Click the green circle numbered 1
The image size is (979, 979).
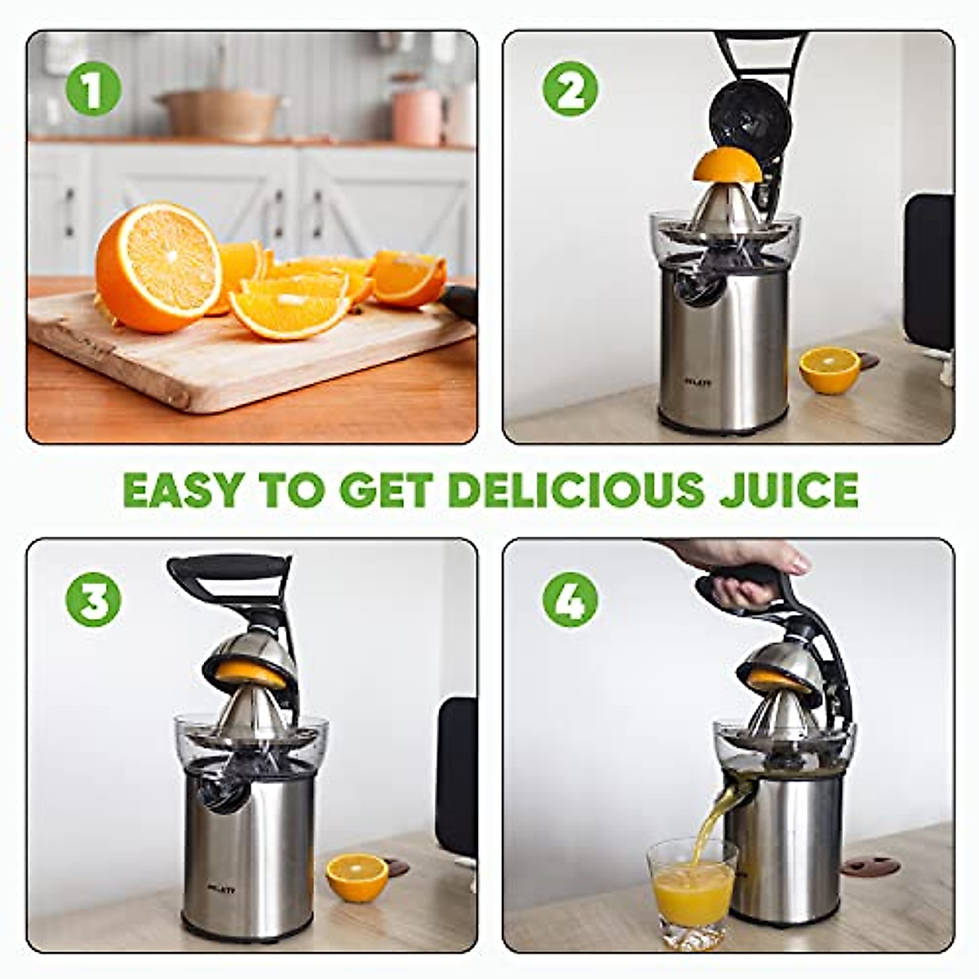click(x=93, y=90)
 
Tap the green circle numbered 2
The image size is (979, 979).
click(x=570, y=90)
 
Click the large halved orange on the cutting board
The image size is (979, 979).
click(x=158, y=267)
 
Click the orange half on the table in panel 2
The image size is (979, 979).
click(x=829, y=370)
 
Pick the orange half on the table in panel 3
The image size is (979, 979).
click(x=357, y=876)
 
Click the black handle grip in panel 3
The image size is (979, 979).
click(x=228, y=567)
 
